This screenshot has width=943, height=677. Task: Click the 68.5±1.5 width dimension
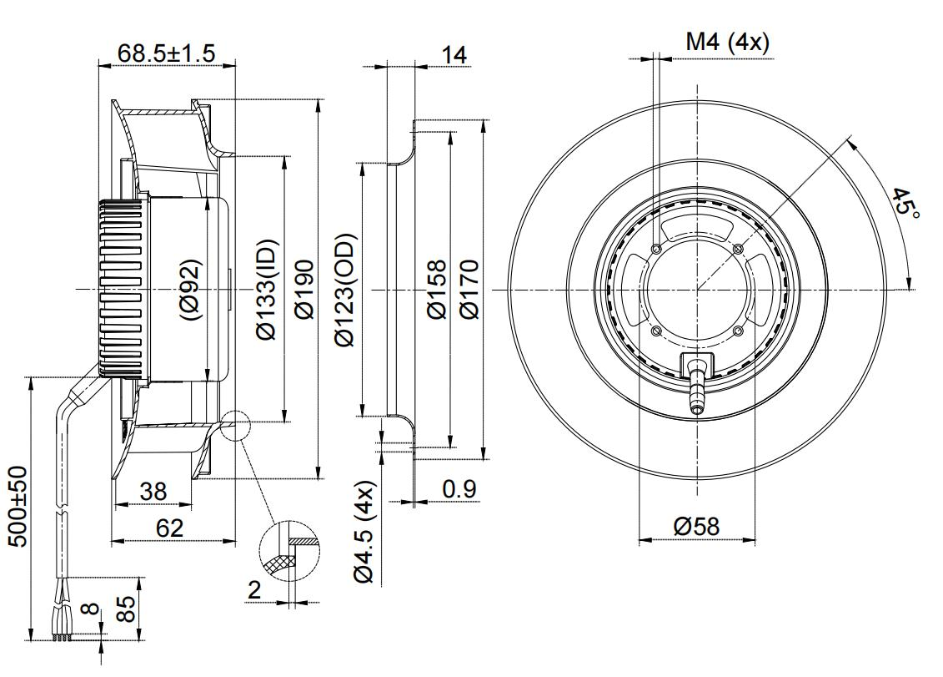pos(166,53)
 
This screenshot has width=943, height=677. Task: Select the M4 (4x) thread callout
pos(727,42)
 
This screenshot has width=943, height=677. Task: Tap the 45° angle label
pos(905,203)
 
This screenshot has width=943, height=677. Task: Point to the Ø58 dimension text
pos(696,527)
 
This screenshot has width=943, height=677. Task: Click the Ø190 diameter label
pos(304,289)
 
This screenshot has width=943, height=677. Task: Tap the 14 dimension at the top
pos(454,55)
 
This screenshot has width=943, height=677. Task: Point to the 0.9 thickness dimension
pos(459,489)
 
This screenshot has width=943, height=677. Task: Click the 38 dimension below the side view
pos(153,492)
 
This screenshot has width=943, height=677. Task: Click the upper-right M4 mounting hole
pos(736,249)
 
